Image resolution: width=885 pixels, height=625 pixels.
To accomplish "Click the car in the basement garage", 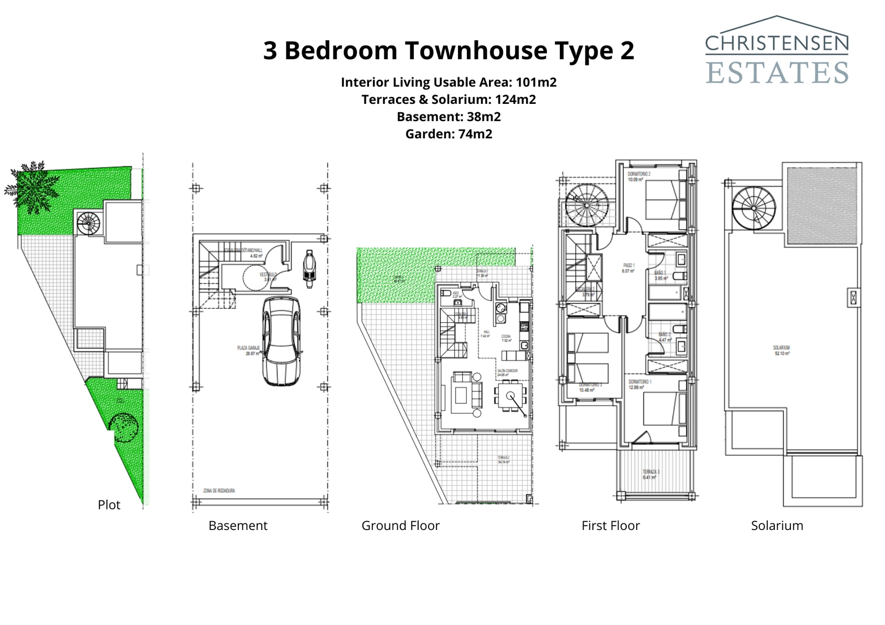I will point(282,340).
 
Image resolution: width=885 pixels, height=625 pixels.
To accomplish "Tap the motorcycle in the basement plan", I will point(309,266).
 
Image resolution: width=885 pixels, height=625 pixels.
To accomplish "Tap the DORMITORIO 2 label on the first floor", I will point(639,176).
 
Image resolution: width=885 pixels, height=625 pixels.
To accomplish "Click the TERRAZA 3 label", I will point(651,474).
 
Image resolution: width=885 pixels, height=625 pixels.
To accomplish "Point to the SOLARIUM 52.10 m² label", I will point(782,350).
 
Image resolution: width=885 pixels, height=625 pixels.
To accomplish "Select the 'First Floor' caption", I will point(610,526).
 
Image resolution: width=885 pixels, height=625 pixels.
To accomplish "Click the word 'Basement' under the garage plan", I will point(238,526).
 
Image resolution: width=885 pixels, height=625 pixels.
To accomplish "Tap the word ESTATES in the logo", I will point(777,72).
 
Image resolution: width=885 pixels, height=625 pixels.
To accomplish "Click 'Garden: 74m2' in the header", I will point(449,134).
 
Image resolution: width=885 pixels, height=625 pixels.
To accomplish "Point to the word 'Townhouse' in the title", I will point(476,50).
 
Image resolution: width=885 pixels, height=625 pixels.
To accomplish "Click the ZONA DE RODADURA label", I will point(219,491).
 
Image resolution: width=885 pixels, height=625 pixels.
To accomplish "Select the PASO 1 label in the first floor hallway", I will point(628,268).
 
